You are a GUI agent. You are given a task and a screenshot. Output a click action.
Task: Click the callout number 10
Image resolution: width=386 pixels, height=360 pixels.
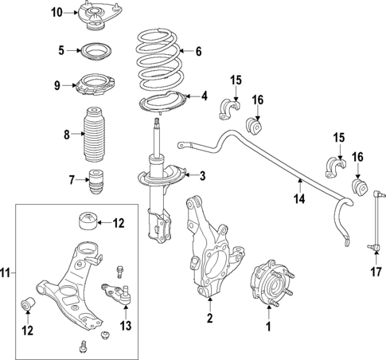[56, 12]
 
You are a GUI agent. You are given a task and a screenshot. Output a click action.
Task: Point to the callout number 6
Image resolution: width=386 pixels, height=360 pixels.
[199, 52]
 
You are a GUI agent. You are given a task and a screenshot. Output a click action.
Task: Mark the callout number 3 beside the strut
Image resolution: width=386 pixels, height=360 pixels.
[202, 176]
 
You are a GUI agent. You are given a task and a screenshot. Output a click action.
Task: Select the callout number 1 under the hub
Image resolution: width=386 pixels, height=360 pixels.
[268, 326]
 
